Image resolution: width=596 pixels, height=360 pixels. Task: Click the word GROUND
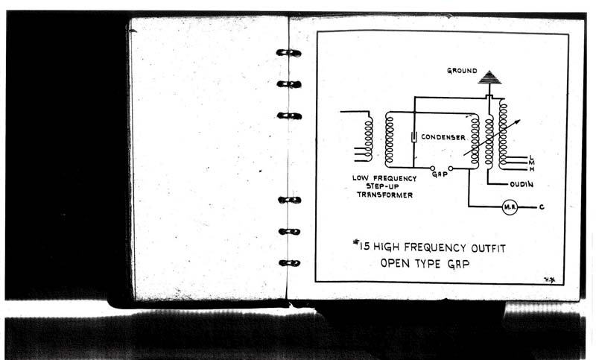(x=462, y=71)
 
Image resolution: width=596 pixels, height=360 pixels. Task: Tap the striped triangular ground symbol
(x=489, y=78)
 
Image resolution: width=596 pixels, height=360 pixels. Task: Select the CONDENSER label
(x=443, y=137)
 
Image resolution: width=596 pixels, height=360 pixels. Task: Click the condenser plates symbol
(x=413, y=137)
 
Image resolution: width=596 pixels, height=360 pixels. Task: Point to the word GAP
(x=440, y=174)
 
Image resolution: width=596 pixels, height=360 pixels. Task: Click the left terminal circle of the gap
(x=432, y=168)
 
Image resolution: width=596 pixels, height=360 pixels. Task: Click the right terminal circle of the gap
(x=451, y=168)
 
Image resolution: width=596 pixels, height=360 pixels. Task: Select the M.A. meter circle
(x=510, y=207)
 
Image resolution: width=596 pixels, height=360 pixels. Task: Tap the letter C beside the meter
(x=542, y=207)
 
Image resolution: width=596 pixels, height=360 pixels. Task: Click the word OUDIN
(x=521, y=185)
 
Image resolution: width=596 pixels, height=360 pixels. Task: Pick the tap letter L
(x=531, y=157)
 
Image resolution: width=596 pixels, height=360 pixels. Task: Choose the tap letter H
(x=532, y=168)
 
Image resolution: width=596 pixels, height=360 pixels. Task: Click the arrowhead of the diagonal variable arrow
(x=518, y=121)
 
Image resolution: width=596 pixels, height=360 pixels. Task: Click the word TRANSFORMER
(x=384, y=195)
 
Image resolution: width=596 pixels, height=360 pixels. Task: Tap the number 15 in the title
(x=364, y=247)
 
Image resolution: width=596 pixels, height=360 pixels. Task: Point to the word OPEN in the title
(x=395, y=263)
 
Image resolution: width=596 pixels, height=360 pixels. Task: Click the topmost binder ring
(x=289, y=53)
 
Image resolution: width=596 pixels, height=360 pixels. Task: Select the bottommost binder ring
(x=290, y=262)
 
